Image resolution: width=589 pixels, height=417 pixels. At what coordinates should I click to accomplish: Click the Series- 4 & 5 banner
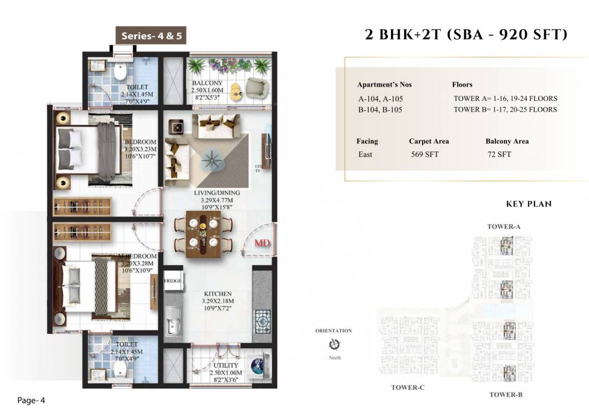click(151, 36)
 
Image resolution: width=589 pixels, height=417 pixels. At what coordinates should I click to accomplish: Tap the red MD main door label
click(262, 243)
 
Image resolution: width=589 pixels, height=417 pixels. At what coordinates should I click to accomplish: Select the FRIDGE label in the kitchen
click(173, 281)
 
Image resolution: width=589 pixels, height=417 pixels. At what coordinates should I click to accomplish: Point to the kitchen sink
click(174, 320)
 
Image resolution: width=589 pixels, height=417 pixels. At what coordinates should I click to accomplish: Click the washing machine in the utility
click(257, 367)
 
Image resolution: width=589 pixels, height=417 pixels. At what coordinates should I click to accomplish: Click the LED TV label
click(259, 168)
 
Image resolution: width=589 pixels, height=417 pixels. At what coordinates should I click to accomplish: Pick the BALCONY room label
click(206, 84)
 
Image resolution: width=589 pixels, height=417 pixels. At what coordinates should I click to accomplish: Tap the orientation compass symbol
click(335, 344)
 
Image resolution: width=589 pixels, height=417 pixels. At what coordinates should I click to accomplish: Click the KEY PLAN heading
click(528, 204)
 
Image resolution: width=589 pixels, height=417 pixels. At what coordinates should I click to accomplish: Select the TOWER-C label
click(407, 388)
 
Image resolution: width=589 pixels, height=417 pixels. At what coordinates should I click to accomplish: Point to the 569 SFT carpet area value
click(425, 155)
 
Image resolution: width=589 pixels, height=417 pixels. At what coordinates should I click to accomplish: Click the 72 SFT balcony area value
click(499, 155)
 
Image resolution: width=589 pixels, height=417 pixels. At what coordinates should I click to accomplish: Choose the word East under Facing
click(366, 155)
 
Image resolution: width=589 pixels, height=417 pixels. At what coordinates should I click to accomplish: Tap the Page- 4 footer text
click(31, 401)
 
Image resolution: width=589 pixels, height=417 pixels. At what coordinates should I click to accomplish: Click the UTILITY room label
click(226, 366)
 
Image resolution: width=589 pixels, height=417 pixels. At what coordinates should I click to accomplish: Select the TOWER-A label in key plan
click(503, 226)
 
